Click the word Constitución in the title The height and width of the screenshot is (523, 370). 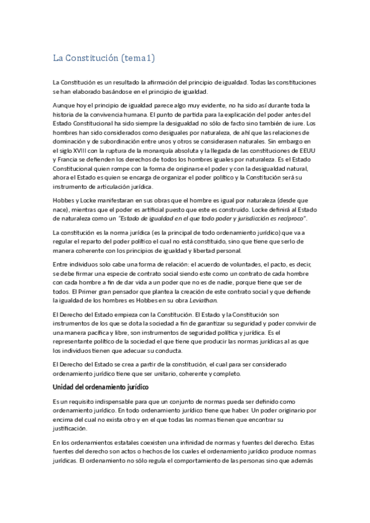(93, 59)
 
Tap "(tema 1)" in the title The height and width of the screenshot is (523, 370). (138, 59)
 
